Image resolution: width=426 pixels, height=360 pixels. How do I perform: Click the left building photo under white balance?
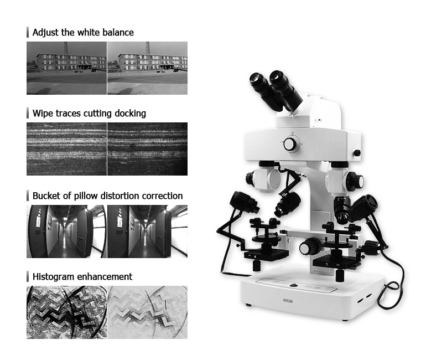(x=66, y=68)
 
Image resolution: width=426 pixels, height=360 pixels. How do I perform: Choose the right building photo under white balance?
(x=147, y=68)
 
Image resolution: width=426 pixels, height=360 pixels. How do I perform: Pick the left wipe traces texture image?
(x=66, y=148)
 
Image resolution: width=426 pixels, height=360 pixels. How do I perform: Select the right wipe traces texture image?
(x=147, y=148)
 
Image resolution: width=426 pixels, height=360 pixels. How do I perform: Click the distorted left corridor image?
(x=66, y=231)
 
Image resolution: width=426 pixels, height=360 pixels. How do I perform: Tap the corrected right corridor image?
(x=147, y=231)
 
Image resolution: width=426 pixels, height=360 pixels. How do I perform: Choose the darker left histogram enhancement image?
(x=66, y=312)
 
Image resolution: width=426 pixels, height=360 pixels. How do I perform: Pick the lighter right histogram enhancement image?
(x=147, y=312)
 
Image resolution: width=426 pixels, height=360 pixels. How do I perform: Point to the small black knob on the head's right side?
(x=357, y=153)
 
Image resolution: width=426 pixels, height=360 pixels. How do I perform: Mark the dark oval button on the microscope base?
(x=294, y=286)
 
